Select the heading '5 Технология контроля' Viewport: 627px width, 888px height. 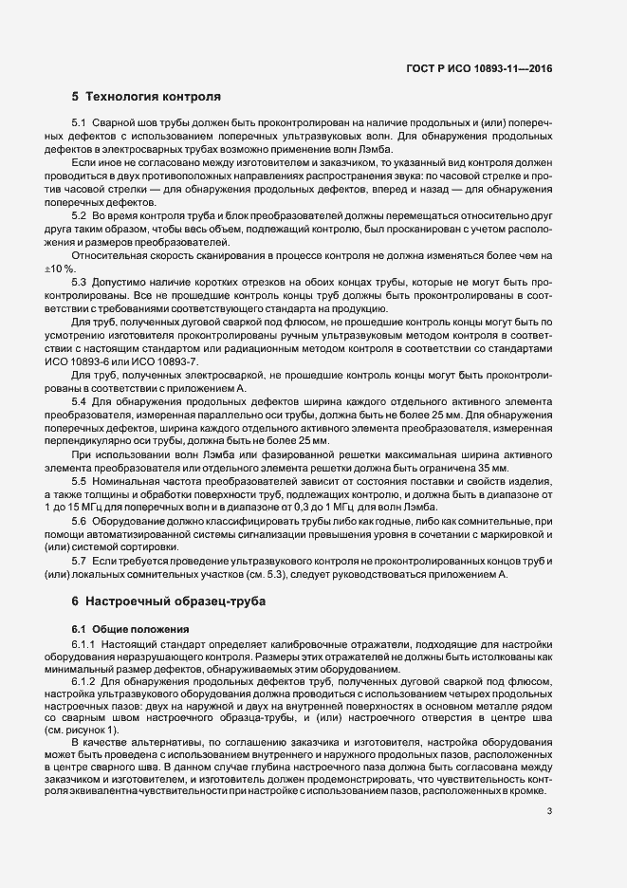coord(146,97)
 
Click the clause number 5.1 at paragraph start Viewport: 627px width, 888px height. coord(79,124)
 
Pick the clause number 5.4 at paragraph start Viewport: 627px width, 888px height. coord(79,401)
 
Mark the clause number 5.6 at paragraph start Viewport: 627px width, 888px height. coord(79,523)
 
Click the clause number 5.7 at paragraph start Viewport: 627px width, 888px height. coord(79,562)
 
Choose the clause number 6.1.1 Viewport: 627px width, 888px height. coord(83,645)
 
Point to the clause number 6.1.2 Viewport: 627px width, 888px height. coord(83,683)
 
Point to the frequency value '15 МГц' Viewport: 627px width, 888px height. coord(82,509)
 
